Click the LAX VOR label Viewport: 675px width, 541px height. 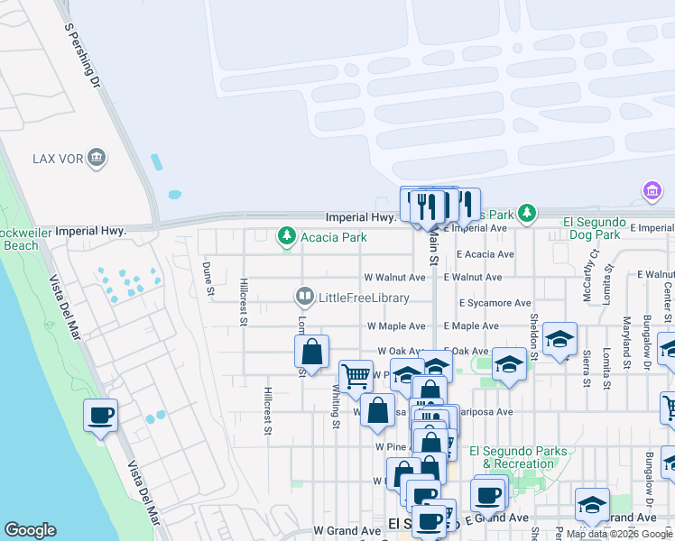(x=57, y=160)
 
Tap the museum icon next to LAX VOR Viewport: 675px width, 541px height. (x=97, y=160)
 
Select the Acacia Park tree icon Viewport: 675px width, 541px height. (x=287, y=236)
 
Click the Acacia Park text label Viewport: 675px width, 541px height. (x=335, y=237)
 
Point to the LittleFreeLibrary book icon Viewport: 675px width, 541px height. (x=305, y=297)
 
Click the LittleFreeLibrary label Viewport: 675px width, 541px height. (x=364, y=298)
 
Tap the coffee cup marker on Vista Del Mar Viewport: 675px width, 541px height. (x=100, y=416)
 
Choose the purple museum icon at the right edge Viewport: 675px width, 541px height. (x=652, y=191)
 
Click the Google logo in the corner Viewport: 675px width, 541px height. (x=30, y=530)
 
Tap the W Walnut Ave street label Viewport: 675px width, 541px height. (x=394, y=278)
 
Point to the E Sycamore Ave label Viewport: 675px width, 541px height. (x=495, y=304)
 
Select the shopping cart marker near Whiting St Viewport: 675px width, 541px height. (x=356, y=374)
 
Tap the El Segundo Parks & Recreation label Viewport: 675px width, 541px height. (x=518, y=457)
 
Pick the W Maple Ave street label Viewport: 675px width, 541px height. (x=396, y=326)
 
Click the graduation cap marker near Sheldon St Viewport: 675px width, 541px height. (x=559, y=339)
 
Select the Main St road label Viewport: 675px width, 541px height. (x=433, y=246)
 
